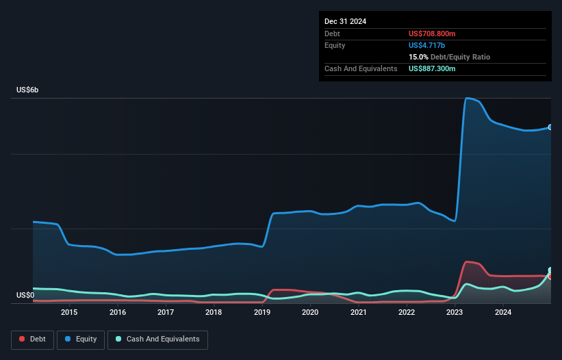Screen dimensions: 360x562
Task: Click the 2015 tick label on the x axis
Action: pos(69,313)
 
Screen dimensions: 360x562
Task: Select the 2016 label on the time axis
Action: pos(117,313)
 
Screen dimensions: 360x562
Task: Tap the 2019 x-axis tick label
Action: pos(261,313)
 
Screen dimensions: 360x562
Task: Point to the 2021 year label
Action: pos(358,313)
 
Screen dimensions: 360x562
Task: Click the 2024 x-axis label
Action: pos(502,313)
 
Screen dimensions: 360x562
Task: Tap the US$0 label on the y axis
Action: pos(25,295)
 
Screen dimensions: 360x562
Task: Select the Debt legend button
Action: pos(33,339)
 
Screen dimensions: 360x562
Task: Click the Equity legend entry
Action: pos(81,339)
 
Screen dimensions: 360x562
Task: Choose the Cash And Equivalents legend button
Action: pos(157,339)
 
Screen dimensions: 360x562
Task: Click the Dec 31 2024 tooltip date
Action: pos(346,21)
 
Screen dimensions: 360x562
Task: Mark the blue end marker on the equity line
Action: pos(550,127)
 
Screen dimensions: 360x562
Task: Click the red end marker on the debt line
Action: pos(550,277)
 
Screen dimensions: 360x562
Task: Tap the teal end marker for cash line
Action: pos(550,270)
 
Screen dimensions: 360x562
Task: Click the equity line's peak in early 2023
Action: pos(468,99)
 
